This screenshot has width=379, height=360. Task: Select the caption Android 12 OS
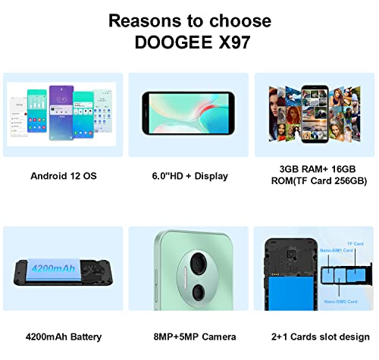tap(63, 176)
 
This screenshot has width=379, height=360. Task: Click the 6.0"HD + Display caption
tap(189, 176)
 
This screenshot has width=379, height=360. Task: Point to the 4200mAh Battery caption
tap(63, 337)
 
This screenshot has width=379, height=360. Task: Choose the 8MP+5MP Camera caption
tap(189, 337)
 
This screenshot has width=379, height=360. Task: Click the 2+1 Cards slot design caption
tap(315, 337)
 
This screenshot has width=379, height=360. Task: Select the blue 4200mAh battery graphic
tap(57, 269)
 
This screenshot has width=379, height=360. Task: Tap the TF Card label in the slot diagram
tap(355, 244)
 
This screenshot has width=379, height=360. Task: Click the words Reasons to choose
tap(189, 20)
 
